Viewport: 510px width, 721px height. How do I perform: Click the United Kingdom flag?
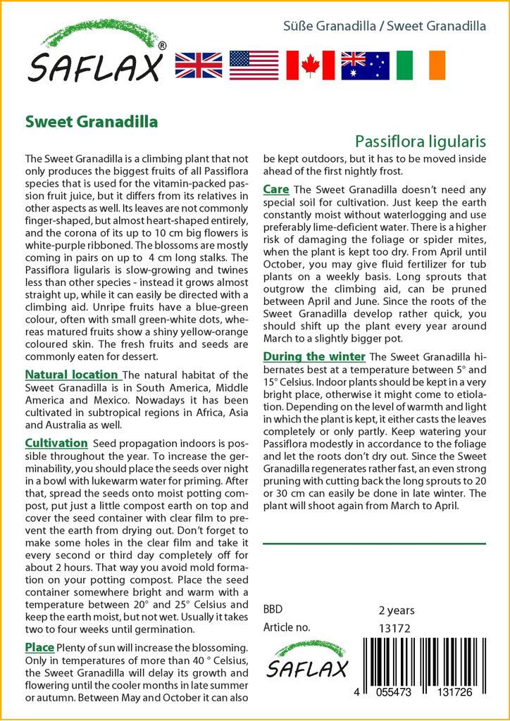(x=199, y=65)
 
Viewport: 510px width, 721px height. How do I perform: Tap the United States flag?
(x=254, y=65)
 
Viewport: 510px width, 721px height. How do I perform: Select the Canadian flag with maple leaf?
(x=310, y=65)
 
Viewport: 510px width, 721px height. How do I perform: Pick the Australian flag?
(x=365, y=65)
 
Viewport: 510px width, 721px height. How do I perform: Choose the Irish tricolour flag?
(x=421, y=65)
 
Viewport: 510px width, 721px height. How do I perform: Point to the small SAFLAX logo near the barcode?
(x=306, y=660)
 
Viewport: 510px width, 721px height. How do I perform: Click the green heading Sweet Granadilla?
(x=92, y=121)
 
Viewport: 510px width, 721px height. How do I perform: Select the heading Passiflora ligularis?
(x=421, y=140)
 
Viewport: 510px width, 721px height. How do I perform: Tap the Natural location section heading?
(x=71, y=375)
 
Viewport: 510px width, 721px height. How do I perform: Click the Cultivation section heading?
(x=56, y=443)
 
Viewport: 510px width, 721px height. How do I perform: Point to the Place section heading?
(x=39, y=647)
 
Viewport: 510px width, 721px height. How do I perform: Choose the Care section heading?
(x=275, y=189)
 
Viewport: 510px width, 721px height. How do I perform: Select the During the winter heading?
(x=314, y=356)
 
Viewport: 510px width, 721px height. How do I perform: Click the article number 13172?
(x=394, y=627)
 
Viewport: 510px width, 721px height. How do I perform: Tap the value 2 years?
(x=397, y=610)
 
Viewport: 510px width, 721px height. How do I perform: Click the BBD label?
(x=273, y=610)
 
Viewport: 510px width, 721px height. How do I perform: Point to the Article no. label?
(x=287, y=627)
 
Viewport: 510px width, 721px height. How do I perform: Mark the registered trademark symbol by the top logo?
(x=163, y=46)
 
